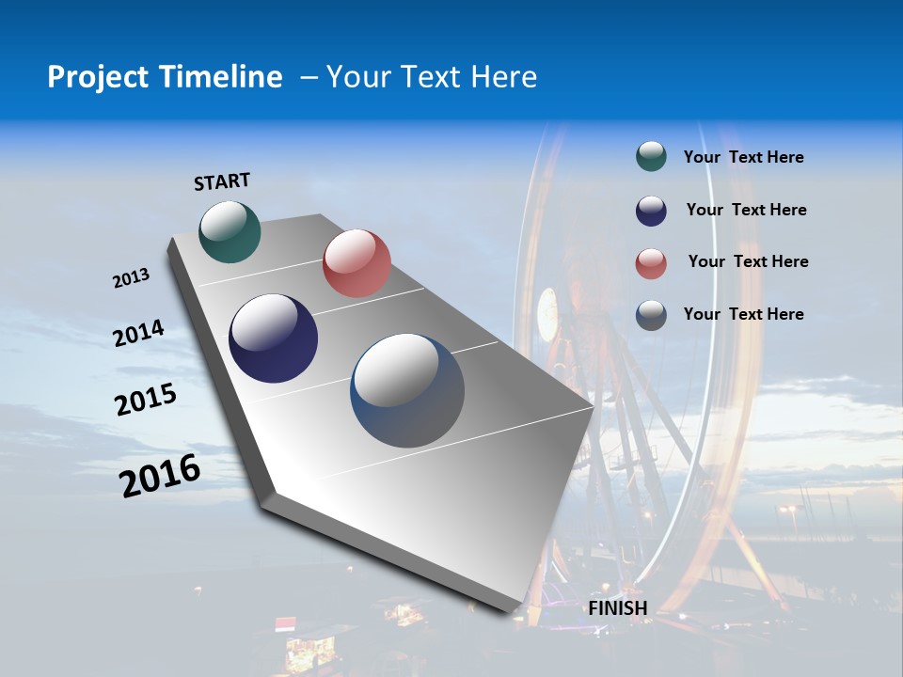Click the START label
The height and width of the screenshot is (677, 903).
click(x=222, y=181)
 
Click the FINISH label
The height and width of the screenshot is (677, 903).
click(x=618, y=608)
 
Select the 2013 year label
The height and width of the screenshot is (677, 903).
click(x=131, y=278)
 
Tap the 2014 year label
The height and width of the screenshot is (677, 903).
click(x=138, y=333)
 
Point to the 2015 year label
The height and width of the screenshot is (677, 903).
click(x=146, y=400)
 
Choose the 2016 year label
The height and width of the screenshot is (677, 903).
click(x=160, y=476)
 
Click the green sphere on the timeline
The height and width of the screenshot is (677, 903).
click(x=230, y=231)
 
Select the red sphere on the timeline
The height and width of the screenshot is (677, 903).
click(x=356, y=263)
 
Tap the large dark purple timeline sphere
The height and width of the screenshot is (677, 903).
click(x=273, y=338)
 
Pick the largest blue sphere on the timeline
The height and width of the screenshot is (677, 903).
click(x=407, y=390)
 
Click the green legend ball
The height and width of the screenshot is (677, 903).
click(x=651, y=157)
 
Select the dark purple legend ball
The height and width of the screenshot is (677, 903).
click(x=651, y=211)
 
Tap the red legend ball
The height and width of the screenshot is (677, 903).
click(x=651, y=263)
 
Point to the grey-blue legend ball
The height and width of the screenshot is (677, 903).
click(x=651, y=315)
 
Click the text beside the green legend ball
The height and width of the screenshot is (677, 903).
click(x=743, y=158)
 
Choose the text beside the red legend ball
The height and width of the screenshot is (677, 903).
click(x=748, y=261)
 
